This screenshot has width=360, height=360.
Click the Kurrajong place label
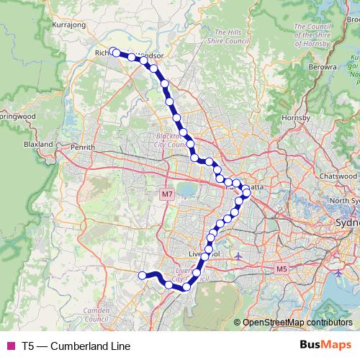click(x=70, y=24)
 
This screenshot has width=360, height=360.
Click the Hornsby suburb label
click(x=295, y=117)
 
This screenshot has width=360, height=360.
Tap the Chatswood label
click(x=339, y=176)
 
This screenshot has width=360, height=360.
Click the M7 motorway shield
click(x=167, y=194)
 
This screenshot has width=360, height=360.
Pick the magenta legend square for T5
click(x=10, y=346)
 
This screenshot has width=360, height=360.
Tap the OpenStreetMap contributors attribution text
click(x=297, y=323)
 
